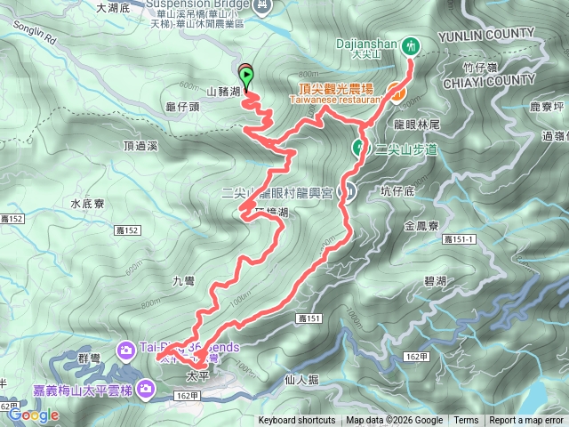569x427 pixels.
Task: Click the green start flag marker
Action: click(246, 76)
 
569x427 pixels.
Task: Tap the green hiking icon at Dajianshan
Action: click(411, 44)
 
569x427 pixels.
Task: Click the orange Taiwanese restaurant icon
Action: click(396, 89)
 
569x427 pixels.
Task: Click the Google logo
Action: click(34, 415)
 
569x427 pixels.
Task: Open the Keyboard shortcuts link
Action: click(297, 421)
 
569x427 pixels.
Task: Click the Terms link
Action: click(466, 421)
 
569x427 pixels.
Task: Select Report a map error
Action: click(527, 421)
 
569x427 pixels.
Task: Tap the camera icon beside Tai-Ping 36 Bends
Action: click(126, 347)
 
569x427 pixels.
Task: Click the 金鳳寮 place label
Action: click(421, 227)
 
